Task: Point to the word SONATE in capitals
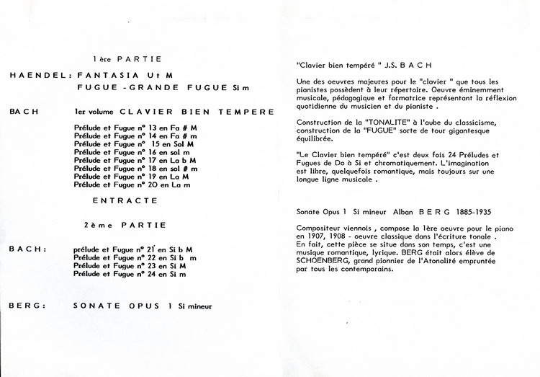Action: pyautogui.click(x=94, y=306)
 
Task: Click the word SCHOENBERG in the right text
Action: pyautogui.click(x=321, y=262)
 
